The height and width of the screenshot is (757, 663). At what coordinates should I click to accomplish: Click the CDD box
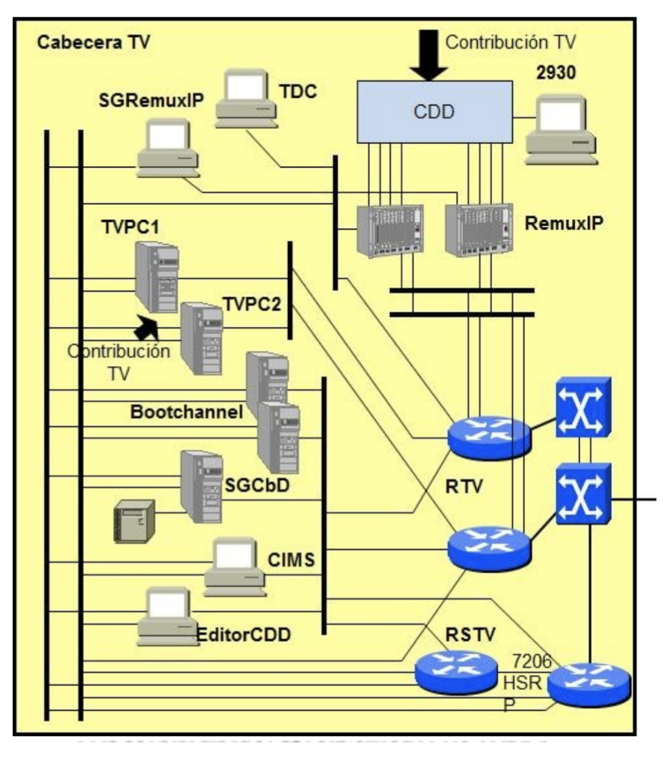pos(433,112)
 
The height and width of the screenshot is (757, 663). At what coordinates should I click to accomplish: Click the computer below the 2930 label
pos(560,131)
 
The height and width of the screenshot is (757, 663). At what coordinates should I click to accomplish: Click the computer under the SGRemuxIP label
pos(167,147)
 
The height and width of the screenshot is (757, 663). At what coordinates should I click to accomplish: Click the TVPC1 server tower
pos(157,277)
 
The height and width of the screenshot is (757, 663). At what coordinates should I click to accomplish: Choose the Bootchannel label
pos(186,412)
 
